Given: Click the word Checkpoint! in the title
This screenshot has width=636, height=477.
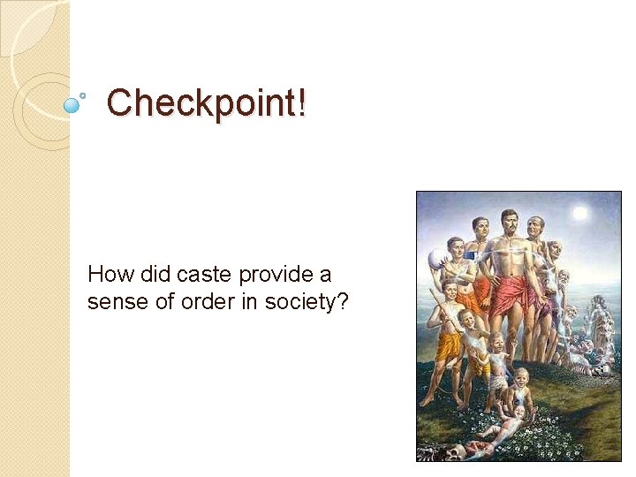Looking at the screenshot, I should click(207, 103).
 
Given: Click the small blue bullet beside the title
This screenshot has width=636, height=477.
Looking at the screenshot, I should click(72, 105).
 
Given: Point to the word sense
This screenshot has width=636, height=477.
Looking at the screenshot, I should click(111, 302).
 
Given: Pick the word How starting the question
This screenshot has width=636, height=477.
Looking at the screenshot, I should click(108, 274).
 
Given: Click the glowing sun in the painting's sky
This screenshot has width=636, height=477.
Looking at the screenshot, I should click(579, 213).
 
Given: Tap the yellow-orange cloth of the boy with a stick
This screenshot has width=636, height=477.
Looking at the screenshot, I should click(449, 344).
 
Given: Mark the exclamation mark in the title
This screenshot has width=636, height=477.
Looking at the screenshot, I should click(302, 103).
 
